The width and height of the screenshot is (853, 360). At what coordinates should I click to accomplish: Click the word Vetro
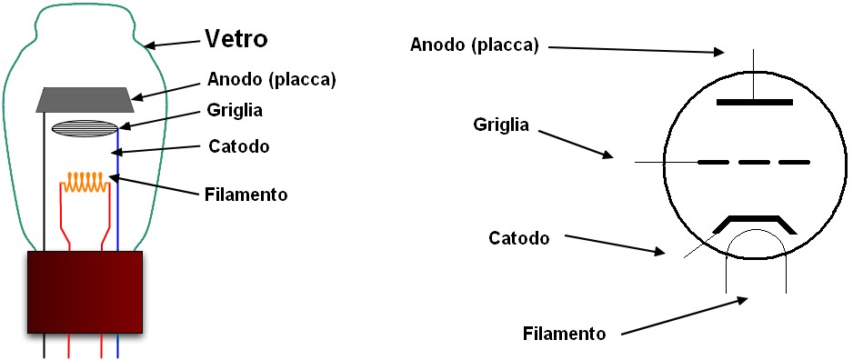[x=236, y=39]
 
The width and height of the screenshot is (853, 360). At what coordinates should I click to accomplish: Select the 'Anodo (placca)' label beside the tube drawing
[x=272, y=79]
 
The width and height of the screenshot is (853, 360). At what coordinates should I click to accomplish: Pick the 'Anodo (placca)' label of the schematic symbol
[x=475, y=45]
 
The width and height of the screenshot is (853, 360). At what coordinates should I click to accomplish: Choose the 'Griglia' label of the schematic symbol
[x=501, y=124]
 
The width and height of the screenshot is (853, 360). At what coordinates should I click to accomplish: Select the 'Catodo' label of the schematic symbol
[x=519, y=238]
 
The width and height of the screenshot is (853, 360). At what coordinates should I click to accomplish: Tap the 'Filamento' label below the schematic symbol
[x=564, y=332]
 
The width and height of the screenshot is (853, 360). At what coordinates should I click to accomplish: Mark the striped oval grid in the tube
[x=85, y=128]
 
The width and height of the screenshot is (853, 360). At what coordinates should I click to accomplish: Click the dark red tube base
[x=85, y=291]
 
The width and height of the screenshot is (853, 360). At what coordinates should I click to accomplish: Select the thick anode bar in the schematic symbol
[x=754, y=102]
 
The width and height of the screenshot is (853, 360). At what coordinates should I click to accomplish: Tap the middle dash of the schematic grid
[x=754, y=163]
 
